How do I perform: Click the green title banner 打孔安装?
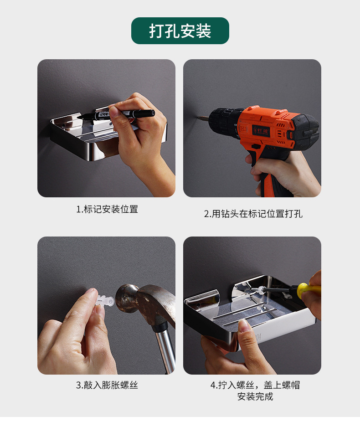(x=180, y=31)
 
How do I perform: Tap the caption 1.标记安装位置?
(x=107, y=209)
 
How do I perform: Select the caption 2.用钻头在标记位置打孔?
(x=253, y=214)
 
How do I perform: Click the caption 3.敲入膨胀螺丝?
(x=107, y=385)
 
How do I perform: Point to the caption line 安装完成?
(x=255, y=396)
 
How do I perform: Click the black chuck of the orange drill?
(x=224, y=123)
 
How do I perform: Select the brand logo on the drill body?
(x=261, y=130)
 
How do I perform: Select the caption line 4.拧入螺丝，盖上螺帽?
(x=255, y=385)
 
